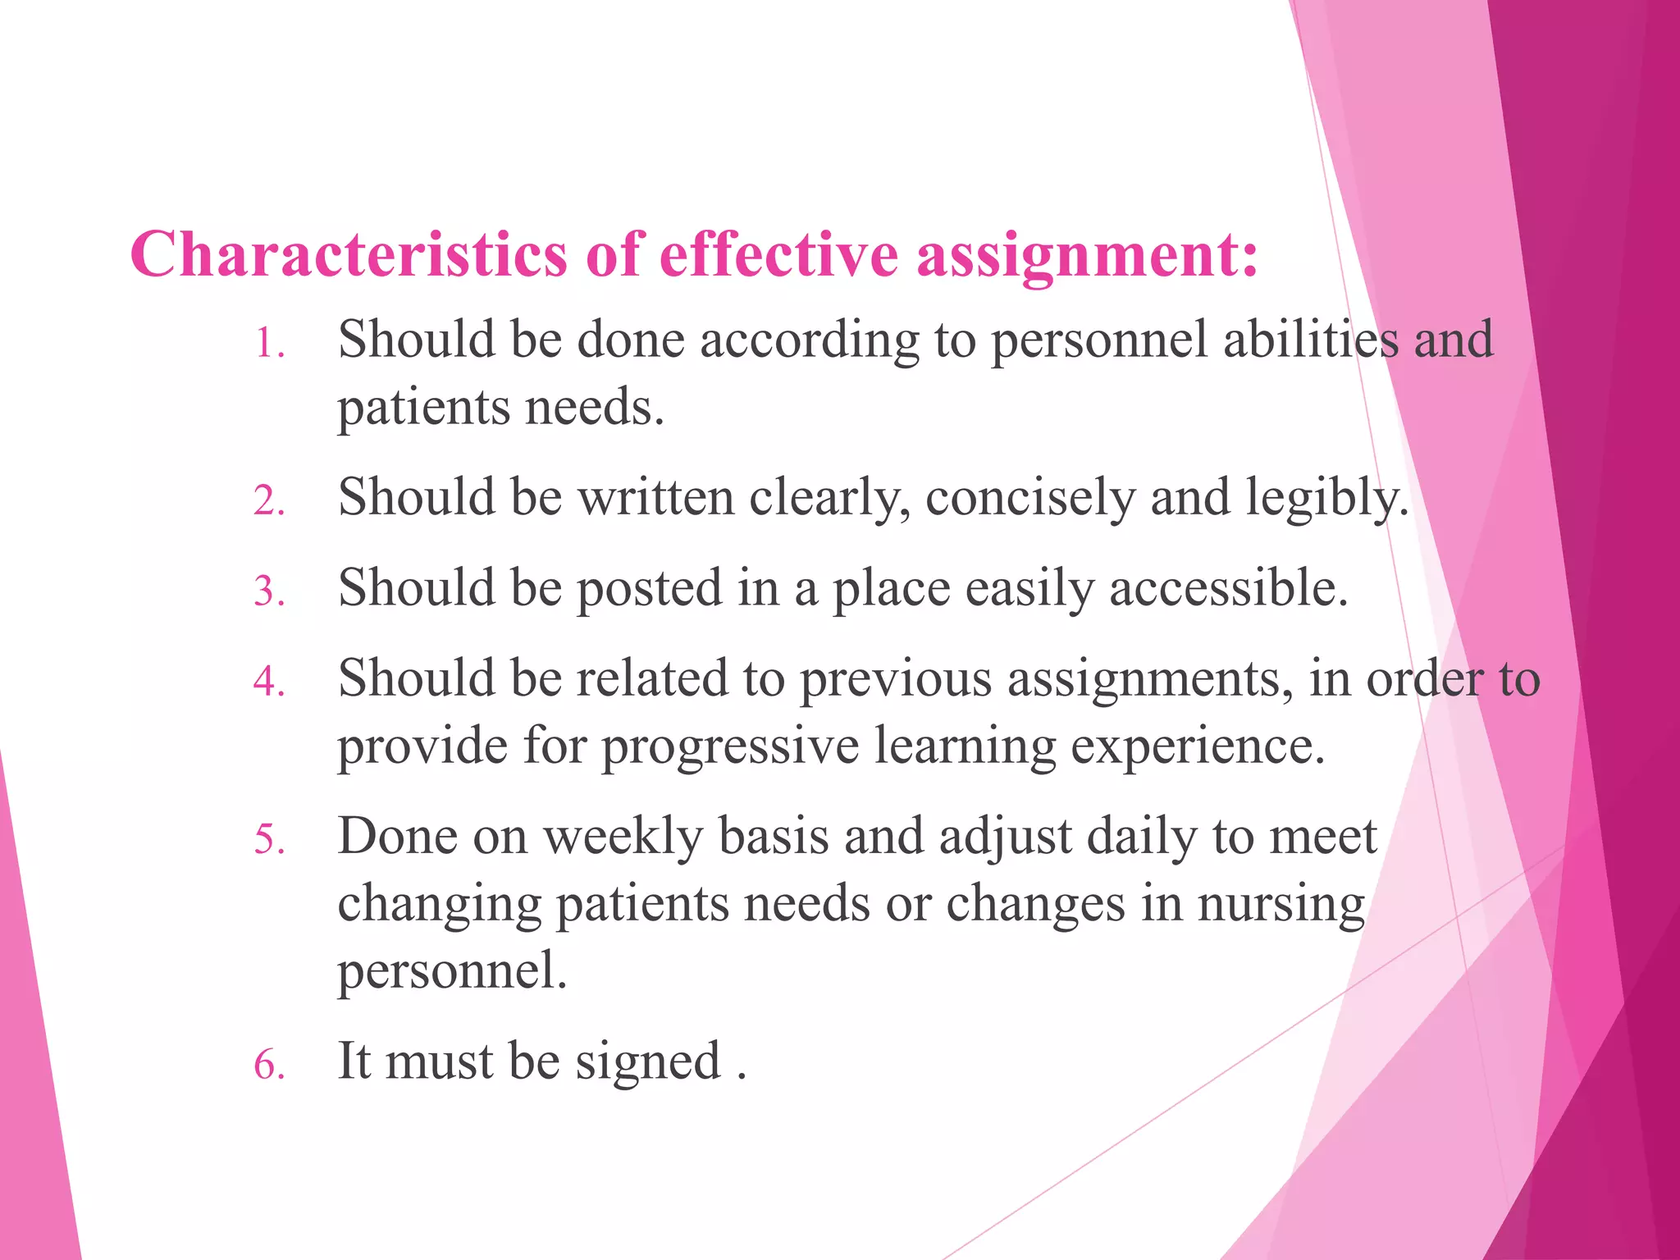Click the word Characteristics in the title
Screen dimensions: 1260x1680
348,254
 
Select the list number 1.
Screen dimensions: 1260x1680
268,344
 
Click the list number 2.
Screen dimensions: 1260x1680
269,500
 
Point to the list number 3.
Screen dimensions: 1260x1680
269,591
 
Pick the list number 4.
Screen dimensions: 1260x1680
269,681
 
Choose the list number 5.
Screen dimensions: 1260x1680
269,839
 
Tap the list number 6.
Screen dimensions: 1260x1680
269,1065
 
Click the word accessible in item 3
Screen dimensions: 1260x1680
1228,588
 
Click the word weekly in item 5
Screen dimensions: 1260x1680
623,838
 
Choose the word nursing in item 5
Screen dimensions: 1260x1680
1281,905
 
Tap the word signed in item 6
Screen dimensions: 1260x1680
648,1063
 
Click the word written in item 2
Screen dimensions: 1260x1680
656,497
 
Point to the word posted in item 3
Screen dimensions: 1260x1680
649,589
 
